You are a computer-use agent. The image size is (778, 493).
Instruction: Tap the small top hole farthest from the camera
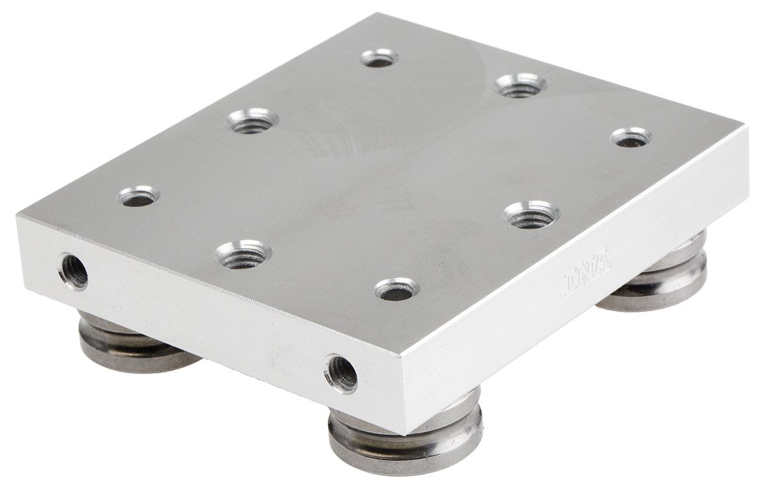[x=379, y=58]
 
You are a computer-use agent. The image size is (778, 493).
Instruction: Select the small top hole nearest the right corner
[x=631, y=138]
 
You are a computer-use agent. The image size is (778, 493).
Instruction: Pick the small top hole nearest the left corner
[x=139, y=196]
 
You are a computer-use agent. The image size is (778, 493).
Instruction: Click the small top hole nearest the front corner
[x=397, y=289]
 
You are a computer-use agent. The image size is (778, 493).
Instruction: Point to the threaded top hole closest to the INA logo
[x=531, y=215]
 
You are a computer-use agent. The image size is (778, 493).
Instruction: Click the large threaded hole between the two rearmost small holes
[x=521, y=85]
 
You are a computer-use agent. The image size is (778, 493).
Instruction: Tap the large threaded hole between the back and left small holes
[x=253, y=121]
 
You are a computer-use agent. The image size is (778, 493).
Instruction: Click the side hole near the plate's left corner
[x=73, y=271]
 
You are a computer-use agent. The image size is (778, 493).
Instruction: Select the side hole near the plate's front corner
[x=341, y=373]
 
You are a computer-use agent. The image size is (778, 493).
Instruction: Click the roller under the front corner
[x=405, y=435]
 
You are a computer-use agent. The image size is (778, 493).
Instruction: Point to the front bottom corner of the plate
[x=403, y=433]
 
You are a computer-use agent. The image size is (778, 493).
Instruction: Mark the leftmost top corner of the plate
[x=18, y=214]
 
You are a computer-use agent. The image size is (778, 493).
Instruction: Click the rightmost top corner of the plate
[x=748, y=126]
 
